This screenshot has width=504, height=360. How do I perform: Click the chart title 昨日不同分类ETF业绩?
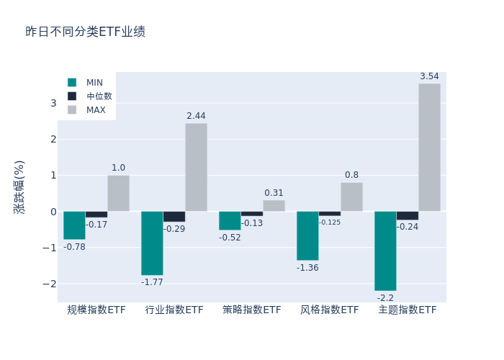(x=85, y=32)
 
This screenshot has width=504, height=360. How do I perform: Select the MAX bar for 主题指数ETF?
(x=429, y=148)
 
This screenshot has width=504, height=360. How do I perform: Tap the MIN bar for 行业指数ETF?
(x=152, y=243)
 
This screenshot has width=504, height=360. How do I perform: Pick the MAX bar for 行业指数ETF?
(x=196, y=167)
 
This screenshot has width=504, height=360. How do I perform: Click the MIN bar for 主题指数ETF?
(x=385, y=251)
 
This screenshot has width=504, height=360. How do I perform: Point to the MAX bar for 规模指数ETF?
(x=118, y=193)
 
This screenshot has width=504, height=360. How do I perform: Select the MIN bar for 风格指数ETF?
(x=307, y=235)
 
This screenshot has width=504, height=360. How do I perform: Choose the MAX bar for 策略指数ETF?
(x=274, y=206)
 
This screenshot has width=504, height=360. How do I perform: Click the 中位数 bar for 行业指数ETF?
(x=174, y=216)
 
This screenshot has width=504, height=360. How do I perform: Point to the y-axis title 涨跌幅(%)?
(x=19, y=186)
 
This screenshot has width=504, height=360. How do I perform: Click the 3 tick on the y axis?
(x=53, y=103)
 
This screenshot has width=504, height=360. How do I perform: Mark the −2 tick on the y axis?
(x=50, y=283)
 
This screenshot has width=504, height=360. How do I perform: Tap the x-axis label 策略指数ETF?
(x=252, y=310)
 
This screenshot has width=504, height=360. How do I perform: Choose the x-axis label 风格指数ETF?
(x=330, y=310)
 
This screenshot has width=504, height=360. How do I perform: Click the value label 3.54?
(x=429, y=76)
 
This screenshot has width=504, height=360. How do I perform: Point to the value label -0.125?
(x=330, y=222)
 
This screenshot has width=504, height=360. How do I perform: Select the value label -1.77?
(x=152, y=282)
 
